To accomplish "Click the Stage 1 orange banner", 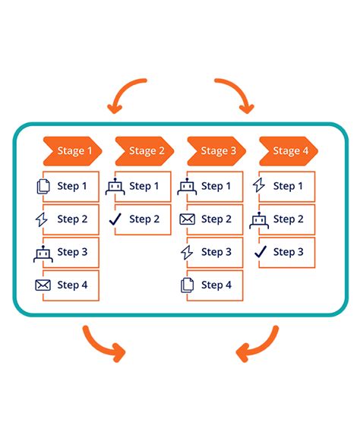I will [72, 150].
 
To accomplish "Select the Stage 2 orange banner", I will [144, 150].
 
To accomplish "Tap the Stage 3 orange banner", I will [216, 150].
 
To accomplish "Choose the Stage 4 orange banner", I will [289, 150].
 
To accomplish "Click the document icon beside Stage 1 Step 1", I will [43, 186].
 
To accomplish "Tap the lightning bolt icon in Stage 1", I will [42, 219].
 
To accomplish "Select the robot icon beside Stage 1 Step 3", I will [43, 253].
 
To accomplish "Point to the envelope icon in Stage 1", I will [43, 285].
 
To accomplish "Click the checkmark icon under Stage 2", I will [115, 219].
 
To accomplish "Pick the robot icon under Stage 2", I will [115, 186].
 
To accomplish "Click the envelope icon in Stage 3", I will [187, 219].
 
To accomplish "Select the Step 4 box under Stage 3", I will [216, 285].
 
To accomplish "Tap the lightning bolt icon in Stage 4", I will [258, 186].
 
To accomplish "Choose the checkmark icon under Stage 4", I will [259, 252].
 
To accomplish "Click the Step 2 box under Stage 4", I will [288, 219].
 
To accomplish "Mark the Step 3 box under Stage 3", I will [216, 252].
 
